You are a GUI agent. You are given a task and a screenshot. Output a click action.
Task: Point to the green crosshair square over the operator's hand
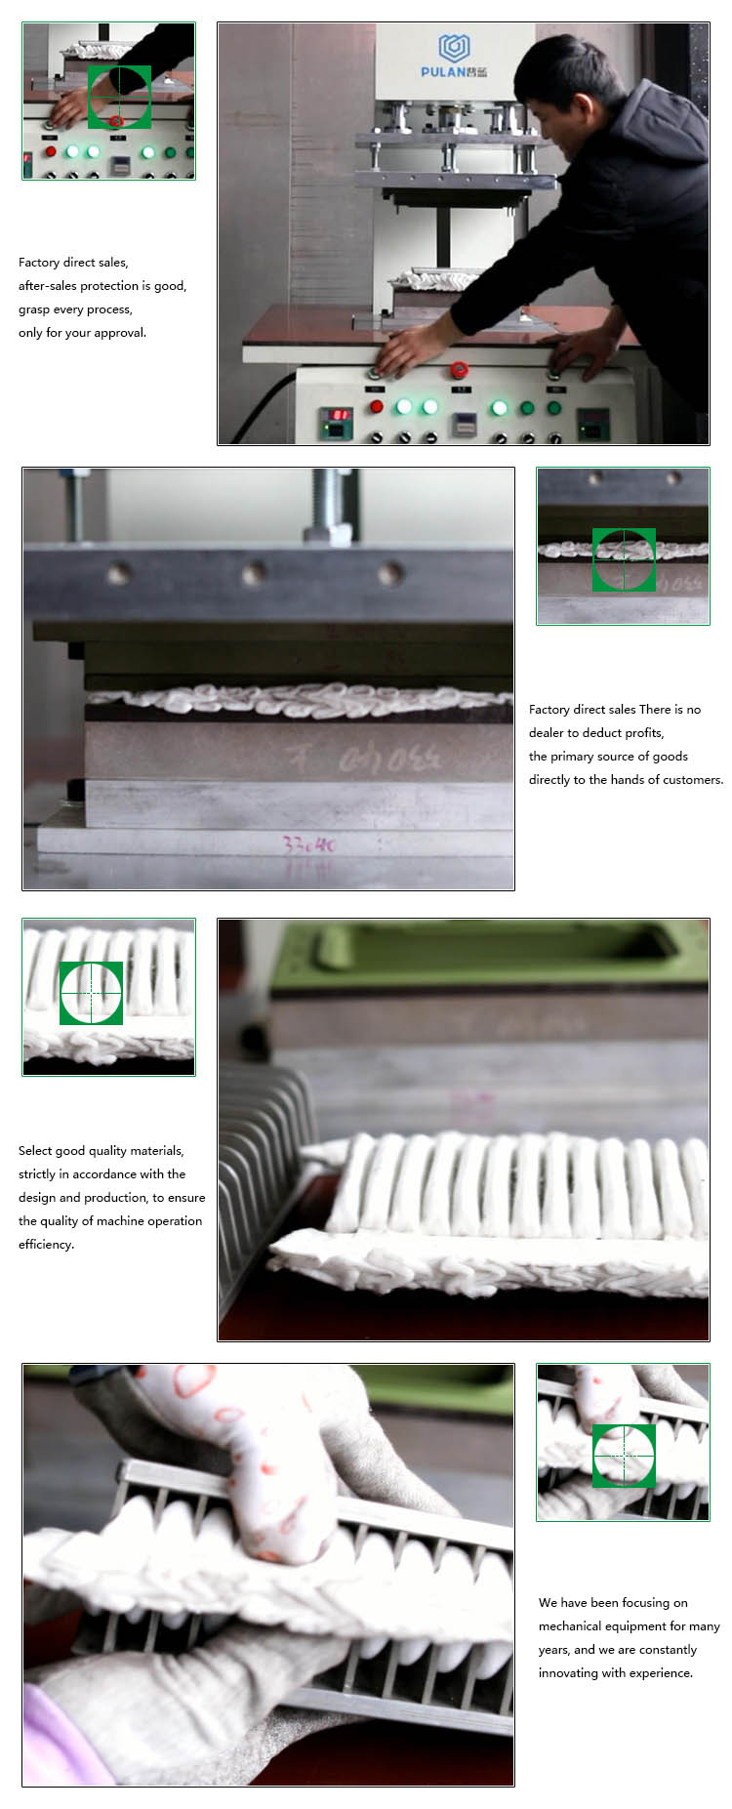pos(119,97)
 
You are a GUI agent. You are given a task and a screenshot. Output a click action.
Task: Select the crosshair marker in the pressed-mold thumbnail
pos(624,559)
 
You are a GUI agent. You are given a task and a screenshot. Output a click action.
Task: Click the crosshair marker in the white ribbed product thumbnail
pos(91,993)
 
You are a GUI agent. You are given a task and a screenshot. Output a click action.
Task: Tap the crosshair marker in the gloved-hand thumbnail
pos(624,1455)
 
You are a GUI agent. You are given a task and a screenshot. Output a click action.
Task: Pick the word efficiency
pos(45,1245)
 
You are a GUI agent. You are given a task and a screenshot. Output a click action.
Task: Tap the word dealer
pos(547,733)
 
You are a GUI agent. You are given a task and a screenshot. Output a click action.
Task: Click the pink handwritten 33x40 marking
pos(308,844)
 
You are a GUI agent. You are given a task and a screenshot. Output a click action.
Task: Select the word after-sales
pos(48,286)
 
